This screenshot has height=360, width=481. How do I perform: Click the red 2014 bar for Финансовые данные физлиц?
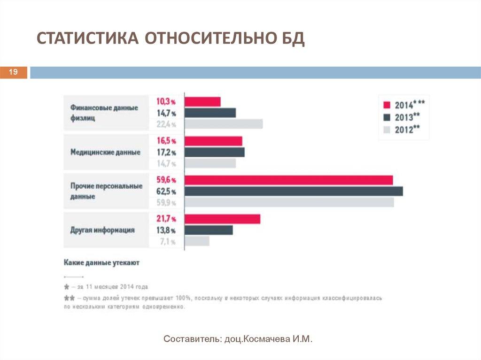tap(202, 102)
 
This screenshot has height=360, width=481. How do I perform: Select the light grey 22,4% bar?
tap(224, 124)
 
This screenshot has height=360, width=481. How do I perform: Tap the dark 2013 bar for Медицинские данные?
tap(215, 153)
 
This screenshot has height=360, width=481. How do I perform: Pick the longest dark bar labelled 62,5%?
tap(294, 191)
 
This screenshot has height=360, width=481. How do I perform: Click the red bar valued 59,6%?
tap(289, 180)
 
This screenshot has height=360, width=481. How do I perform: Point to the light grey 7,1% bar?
tap(197, 241)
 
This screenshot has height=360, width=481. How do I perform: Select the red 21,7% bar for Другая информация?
tap(222, 219)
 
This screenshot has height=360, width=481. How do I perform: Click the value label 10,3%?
tap(166, 101)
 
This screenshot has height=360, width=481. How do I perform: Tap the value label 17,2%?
tap(166, 153)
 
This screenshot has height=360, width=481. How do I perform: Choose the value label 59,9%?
tap(166, 203)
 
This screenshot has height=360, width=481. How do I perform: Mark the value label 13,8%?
tap(166, 230)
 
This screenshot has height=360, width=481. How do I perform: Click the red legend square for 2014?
tap(387, 105)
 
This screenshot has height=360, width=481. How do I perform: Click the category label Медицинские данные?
tap(105, 152)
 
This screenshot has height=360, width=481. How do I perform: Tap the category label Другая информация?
tap(102, 230)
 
